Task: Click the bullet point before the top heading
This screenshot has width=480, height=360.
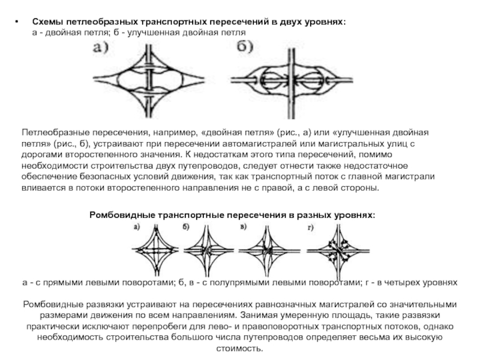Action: [x=17, y=22]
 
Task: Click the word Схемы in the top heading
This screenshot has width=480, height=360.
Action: [x=47, y=22]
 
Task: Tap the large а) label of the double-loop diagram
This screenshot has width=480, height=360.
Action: [x=101, y=48]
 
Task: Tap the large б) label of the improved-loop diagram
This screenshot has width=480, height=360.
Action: [x=245, y=47]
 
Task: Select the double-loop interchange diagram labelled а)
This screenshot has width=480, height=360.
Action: [x=149, y=81]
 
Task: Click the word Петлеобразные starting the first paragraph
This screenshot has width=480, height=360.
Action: [x=55, y=133]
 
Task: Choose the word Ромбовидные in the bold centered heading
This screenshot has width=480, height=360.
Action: [x=122, y=215]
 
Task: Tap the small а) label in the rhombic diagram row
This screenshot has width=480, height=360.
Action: [x=137, y=227]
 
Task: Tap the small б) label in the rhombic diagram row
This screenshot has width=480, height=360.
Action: [x=186, y=227]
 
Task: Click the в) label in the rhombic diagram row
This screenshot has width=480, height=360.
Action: [x=244, y=227]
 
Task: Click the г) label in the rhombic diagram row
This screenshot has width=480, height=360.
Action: [x=310, y=227]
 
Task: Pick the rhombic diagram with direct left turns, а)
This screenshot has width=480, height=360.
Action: [x=155, y=250]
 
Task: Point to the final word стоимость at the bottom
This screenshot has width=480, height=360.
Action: [x=239, y=349]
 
